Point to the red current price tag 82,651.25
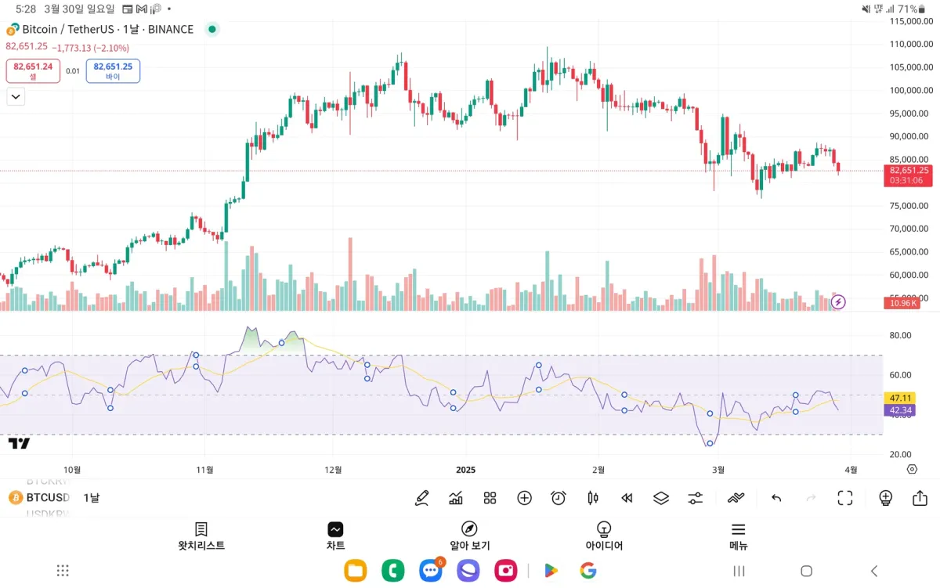tap(907, 170)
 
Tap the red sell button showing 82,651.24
tap(33, 70)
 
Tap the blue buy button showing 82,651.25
tap(113, 70)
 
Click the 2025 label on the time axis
tap(466, 470)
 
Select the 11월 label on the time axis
tap(205, 470)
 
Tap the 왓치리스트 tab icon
tap(201, 529)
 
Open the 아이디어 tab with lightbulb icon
tap(604, 529)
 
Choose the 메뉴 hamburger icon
tap(739, 529)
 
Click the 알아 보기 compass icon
tap(469, 529)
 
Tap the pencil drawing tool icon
tap(422, 498)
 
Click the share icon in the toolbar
tap(920, 498)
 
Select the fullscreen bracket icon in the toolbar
tap(844, 498)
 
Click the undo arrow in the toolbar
tap(776, 498)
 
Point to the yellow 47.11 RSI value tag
tap(897, 398)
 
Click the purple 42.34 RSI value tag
tap(897, 410)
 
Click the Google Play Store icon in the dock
tap(551, 571)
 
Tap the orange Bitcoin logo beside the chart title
tap(12, 30)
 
